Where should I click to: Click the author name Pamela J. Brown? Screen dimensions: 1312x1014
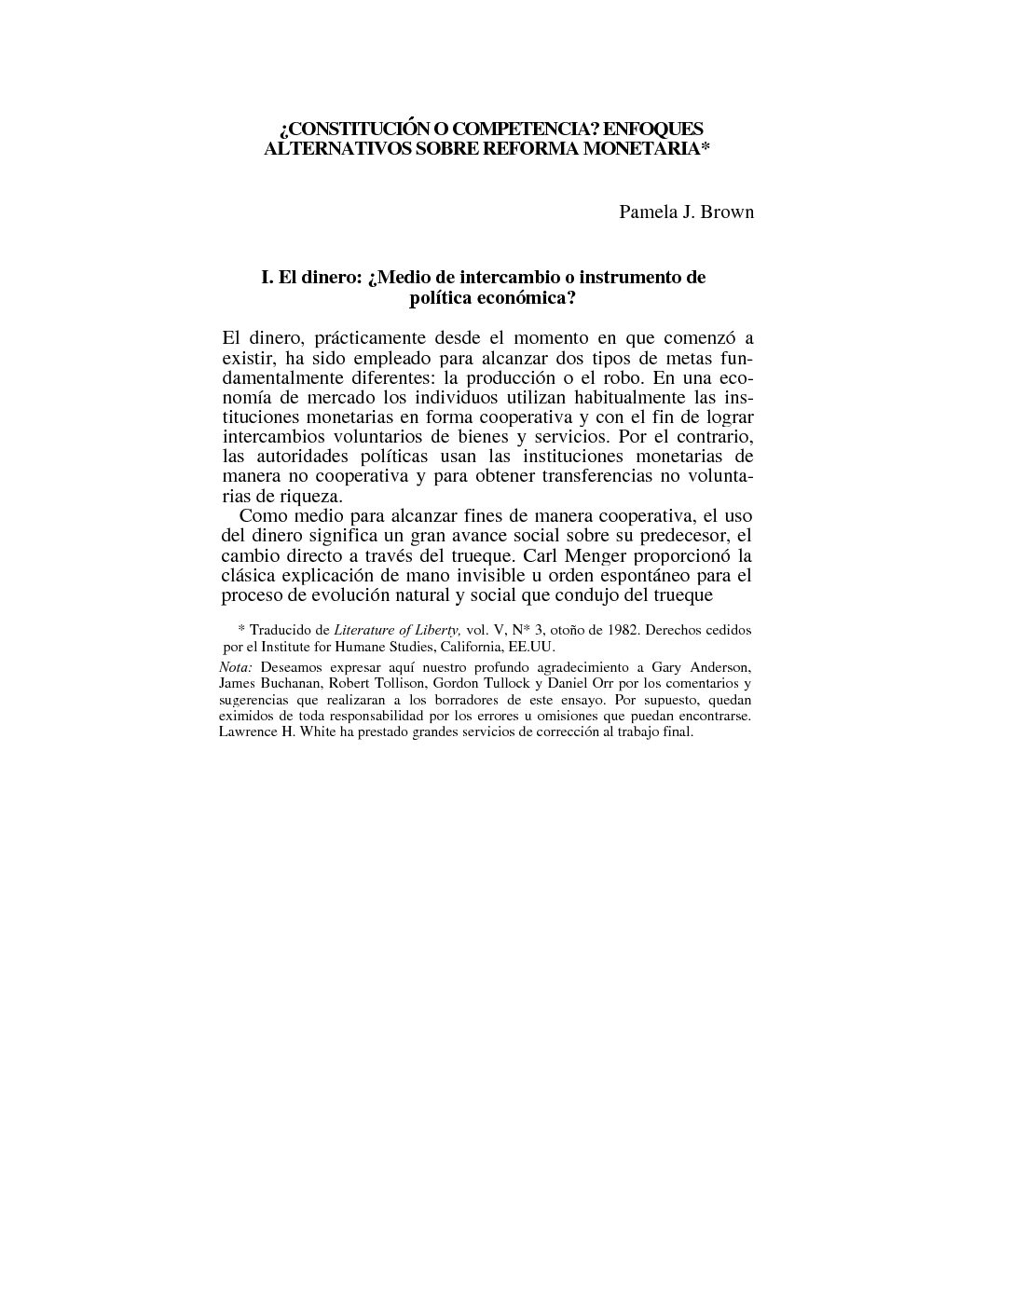(686, 212)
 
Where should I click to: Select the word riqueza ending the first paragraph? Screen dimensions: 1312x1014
(312, 496)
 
